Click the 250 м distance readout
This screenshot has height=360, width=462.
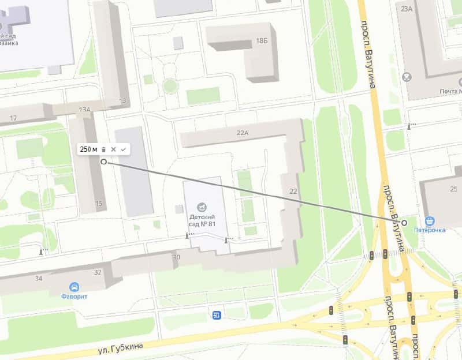point(88,149)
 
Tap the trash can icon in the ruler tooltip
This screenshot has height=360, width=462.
point(103,149)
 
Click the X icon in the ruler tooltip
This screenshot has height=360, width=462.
point(114,149)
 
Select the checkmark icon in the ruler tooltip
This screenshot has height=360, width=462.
point(123,149)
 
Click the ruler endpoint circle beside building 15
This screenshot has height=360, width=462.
point(104,162)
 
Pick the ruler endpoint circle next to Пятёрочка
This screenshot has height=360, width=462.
point(404,223)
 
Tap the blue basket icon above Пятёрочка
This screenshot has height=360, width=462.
point(430,220)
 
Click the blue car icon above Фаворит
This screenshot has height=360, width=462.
point(74,287)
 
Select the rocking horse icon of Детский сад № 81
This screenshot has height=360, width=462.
point(201,207)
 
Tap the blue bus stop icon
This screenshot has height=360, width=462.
point(217,314)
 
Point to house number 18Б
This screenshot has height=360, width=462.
point(262,40)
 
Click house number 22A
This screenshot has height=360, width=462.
point(243,133)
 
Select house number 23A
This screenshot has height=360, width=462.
point(407,8)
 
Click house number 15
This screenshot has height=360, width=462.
point(99,203)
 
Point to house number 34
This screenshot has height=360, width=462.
point(39,279)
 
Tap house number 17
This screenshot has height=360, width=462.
point(13,118)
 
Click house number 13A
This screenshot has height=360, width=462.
point(85,109)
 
